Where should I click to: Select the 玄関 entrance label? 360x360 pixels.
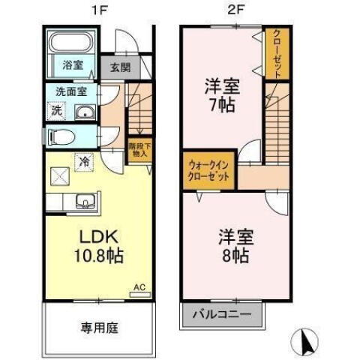click(x=120, y=67)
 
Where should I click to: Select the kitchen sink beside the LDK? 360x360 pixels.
click(x=85, y=202)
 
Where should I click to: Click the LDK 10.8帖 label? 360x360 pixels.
click(x=98, y=246)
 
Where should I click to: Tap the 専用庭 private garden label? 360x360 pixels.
click(x=97, y=328)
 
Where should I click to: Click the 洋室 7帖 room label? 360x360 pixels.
click(x=221, y=94)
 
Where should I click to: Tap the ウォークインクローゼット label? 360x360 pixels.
click(x=208, y=169)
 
